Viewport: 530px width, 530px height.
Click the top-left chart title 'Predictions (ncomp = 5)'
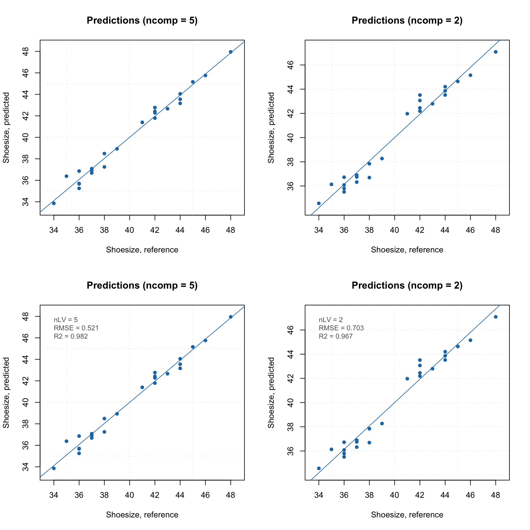(x=142, y=21)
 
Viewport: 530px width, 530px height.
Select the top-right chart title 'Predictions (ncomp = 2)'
(x=407, y=21)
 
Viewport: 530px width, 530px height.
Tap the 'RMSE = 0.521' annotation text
(x=76, y=328)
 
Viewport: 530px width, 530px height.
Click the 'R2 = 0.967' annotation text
(x=336, y=336)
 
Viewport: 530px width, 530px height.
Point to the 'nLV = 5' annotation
(x=66, y=320)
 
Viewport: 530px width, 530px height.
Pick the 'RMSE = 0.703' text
(x=341, y=328)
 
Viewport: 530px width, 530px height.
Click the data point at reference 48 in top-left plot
(x=231, y=52)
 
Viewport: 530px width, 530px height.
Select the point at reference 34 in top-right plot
(x=319, y=203)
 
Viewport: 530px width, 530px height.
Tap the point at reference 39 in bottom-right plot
(x=382, y=424)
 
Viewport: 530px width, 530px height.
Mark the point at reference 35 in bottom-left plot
(x=67, y=441)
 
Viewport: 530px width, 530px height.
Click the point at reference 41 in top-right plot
(x=407, y=114)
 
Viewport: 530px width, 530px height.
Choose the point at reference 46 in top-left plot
(x=205, y=75)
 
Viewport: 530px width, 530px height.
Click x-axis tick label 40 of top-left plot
(x=129, y=230)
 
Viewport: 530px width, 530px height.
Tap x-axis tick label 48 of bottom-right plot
(x=496, y=495)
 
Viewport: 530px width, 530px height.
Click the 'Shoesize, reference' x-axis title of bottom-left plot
(x=142, y=515)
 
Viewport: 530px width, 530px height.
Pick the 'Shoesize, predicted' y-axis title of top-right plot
(x=271, y=128)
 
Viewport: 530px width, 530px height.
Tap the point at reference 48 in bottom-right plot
(x=496, y=317)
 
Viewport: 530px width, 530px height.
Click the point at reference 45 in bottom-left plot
(x=193, y=347)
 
